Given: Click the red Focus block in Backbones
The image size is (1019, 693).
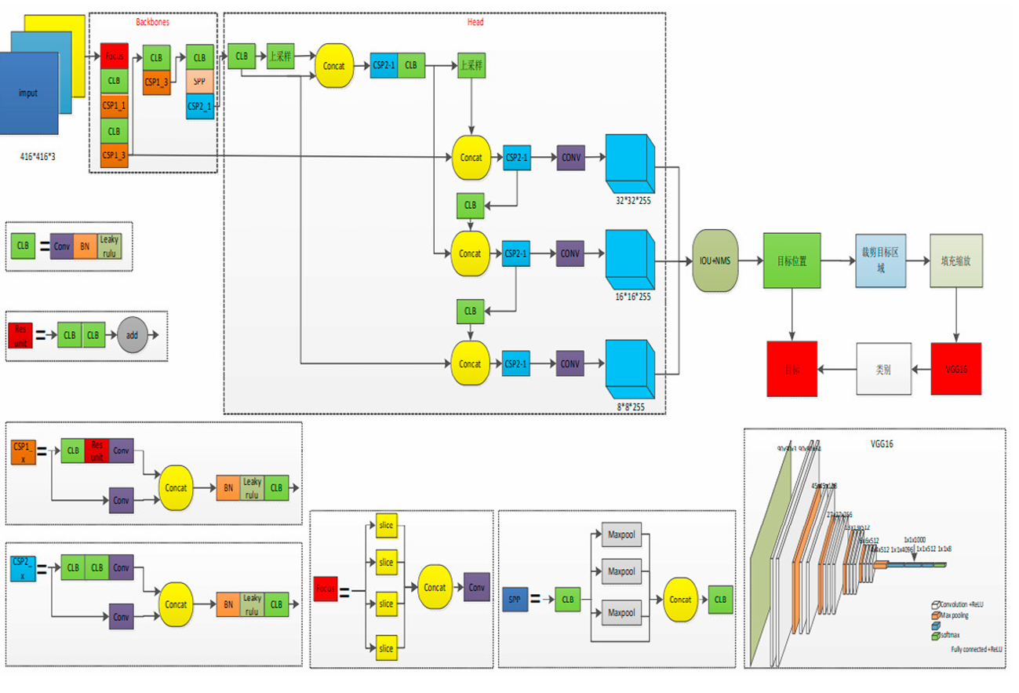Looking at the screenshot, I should click(114, 57).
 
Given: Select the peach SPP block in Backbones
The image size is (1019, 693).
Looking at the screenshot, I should click(199, 82).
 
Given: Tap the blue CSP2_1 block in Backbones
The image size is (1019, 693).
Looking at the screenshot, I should click(199, 106).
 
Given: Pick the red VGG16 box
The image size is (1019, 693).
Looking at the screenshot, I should click(956, 368).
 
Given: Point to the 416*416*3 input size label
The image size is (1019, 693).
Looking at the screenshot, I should click(38, 157).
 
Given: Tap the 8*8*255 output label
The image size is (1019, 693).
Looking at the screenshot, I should click(631, 407).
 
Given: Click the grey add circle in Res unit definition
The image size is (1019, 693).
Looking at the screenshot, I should click(133, 334).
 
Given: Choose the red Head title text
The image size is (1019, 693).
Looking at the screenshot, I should click(475, 22).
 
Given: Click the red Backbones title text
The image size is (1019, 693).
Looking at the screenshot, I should click(152, 22).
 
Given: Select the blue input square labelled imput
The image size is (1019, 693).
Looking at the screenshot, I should click(29, 93).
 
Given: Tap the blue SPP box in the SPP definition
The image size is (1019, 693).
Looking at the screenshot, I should click(515, 600).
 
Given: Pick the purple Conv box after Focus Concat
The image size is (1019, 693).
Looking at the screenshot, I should click(476, 587).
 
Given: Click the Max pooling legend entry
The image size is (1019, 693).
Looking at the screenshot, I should click(953, 615).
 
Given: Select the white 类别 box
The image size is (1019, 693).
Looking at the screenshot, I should click(883, 369).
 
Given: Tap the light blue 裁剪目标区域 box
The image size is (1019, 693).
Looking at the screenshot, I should click(880, 261).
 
